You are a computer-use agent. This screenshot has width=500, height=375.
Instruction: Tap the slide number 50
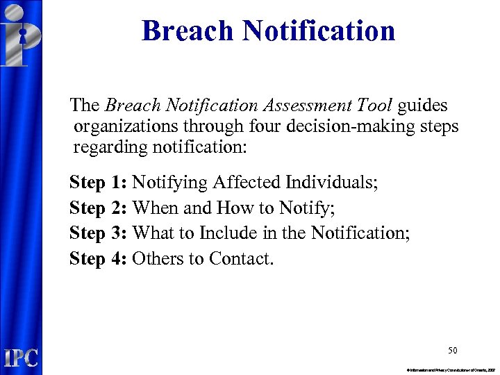point(452,350)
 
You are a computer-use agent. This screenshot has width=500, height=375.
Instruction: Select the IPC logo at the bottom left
point(21,358)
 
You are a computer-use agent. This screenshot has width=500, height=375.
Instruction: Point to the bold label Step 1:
point(98,183)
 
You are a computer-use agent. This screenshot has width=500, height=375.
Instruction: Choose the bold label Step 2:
point(98,208)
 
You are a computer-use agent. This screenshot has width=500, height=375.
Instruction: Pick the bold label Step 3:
point(98,233)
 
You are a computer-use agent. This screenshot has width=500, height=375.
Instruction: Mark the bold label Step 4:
point(98,259)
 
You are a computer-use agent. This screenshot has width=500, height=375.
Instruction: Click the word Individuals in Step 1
point(331,183)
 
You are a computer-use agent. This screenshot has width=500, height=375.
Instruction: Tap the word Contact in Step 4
point(241,259)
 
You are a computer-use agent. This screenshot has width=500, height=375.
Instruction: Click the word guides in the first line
point(423,106)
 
